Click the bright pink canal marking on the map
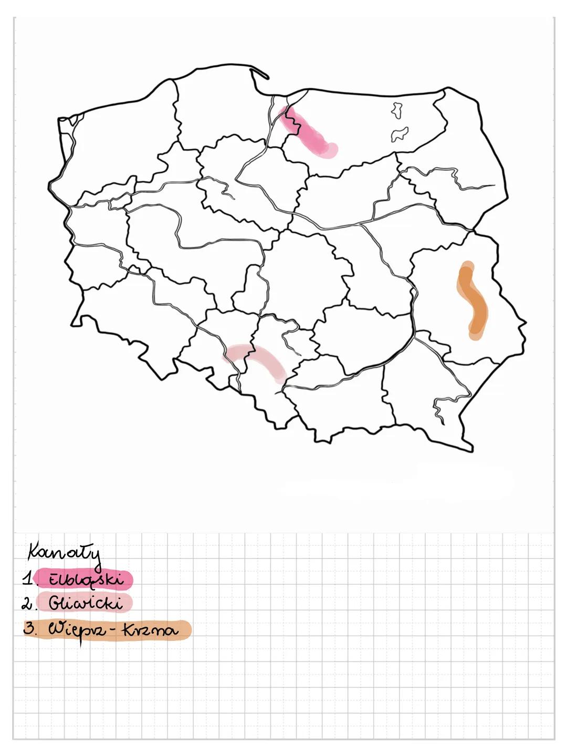click(309, 132)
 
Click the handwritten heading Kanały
click(64, 553)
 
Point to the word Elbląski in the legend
click(86, 579)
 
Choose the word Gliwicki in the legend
click(86, 603)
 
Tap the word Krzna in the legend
click(151, 629)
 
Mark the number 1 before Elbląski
click(26, 579)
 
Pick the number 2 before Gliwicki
click(26, 604)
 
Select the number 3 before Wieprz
click(29, 628)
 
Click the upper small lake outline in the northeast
click(396, 110)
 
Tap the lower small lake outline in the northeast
click(400, 133)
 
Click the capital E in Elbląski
click(54, 579)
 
